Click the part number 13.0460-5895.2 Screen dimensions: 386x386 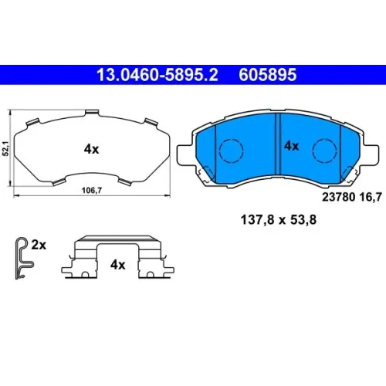[x=157, y=75]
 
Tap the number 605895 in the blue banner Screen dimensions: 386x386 [x=268, y=75]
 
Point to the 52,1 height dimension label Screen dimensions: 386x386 [x=5, y=148]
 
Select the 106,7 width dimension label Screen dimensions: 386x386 [x=92, y=191]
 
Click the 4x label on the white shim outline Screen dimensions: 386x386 [x=91, y=149]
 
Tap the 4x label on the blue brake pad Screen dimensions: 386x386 [x=291, y=146]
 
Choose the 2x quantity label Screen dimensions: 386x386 [x=39, y=245]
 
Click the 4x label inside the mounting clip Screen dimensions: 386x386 [x=118, y=265]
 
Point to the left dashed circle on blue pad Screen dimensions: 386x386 [x=231, y=151]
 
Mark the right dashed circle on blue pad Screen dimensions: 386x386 [x=325, y=151]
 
